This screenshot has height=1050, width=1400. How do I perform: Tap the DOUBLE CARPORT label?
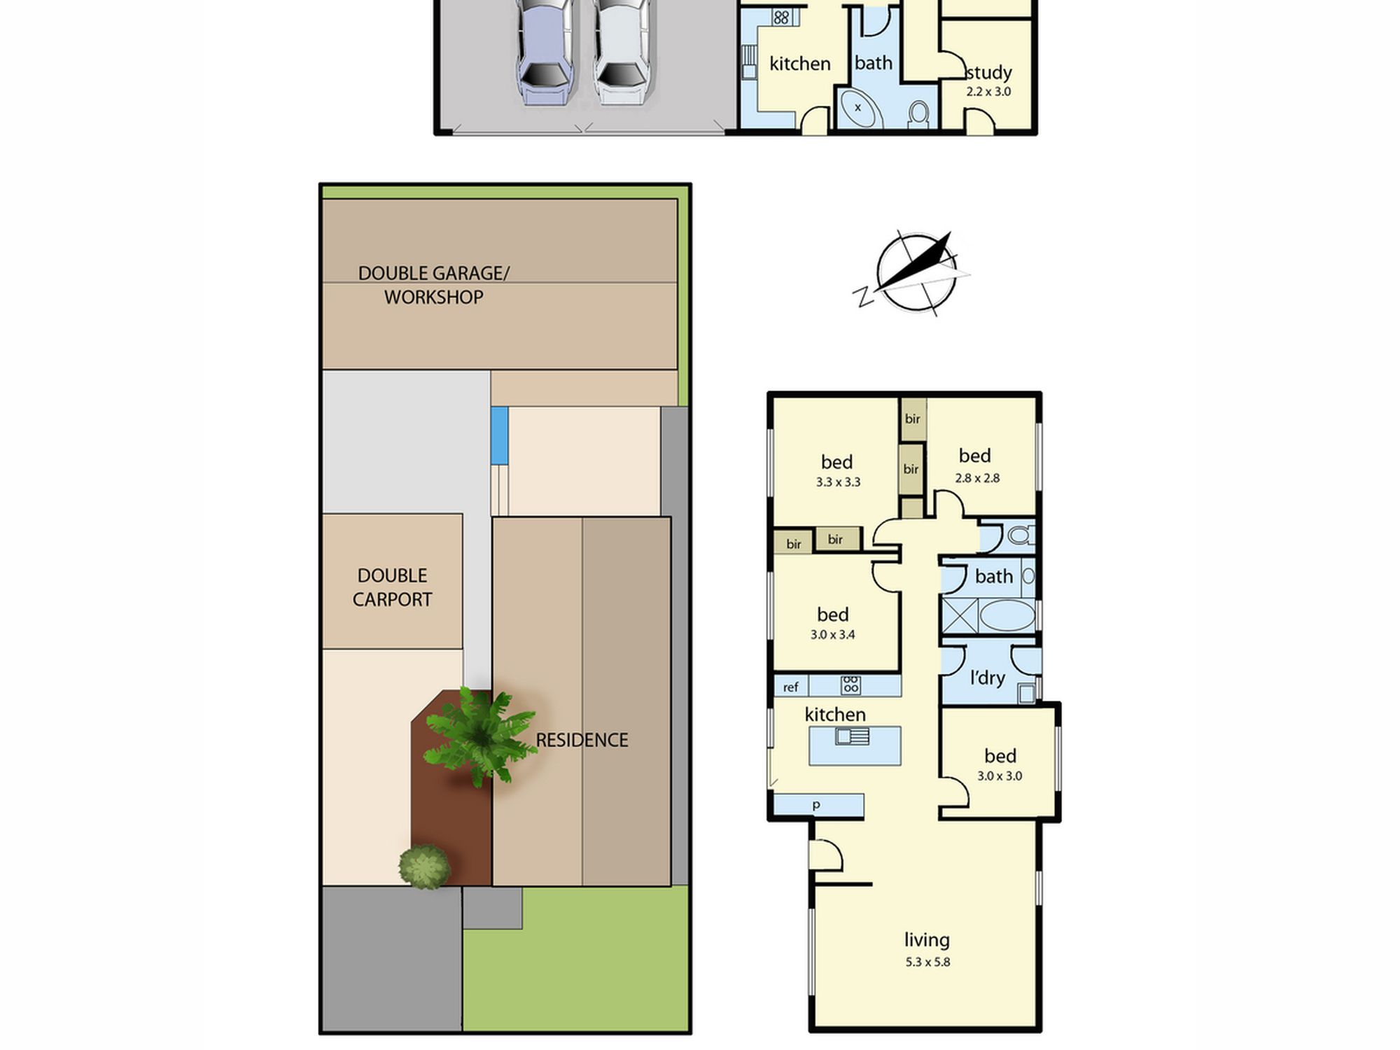click(x=392, y=587)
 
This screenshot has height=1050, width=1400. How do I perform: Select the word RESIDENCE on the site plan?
click(x=582, y=740)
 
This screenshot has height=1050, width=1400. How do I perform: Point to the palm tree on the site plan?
click(x=479, y=735)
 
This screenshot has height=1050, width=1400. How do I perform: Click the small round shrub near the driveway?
click(x=424, y=867)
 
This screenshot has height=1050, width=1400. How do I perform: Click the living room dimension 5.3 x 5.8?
click(x=927, y=962)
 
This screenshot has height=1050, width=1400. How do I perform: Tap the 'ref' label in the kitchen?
click(x=790, y=687)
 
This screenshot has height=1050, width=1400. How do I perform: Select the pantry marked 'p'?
click(x=818, y=805)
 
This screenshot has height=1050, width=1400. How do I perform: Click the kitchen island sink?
click(x=852, y=736)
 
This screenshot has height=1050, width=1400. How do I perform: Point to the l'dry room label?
click(x=987, y=678)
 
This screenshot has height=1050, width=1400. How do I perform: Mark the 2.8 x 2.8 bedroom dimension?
click(x=977, y=478)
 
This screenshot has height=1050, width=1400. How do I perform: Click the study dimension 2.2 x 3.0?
click(x=988, y=92)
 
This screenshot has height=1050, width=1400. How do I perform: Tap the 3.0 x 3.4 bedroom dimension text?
click(x=833, y=635)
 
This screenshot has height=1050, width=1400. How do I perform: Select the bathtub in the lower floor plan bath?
click(x=1007, y=616)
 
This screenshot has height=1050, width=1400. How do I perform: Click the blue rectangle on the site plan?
click(x=499, y=435)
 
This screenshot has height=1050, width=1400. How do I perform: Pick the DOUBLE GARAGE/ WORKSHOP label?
click(x=434, y=285)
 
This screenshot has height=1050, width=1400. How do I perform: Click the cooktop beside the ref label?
click(x=850, y=685)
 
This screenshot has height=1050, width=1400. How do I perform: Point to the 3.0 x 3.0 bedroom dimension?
click(x=1000, y=776)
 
